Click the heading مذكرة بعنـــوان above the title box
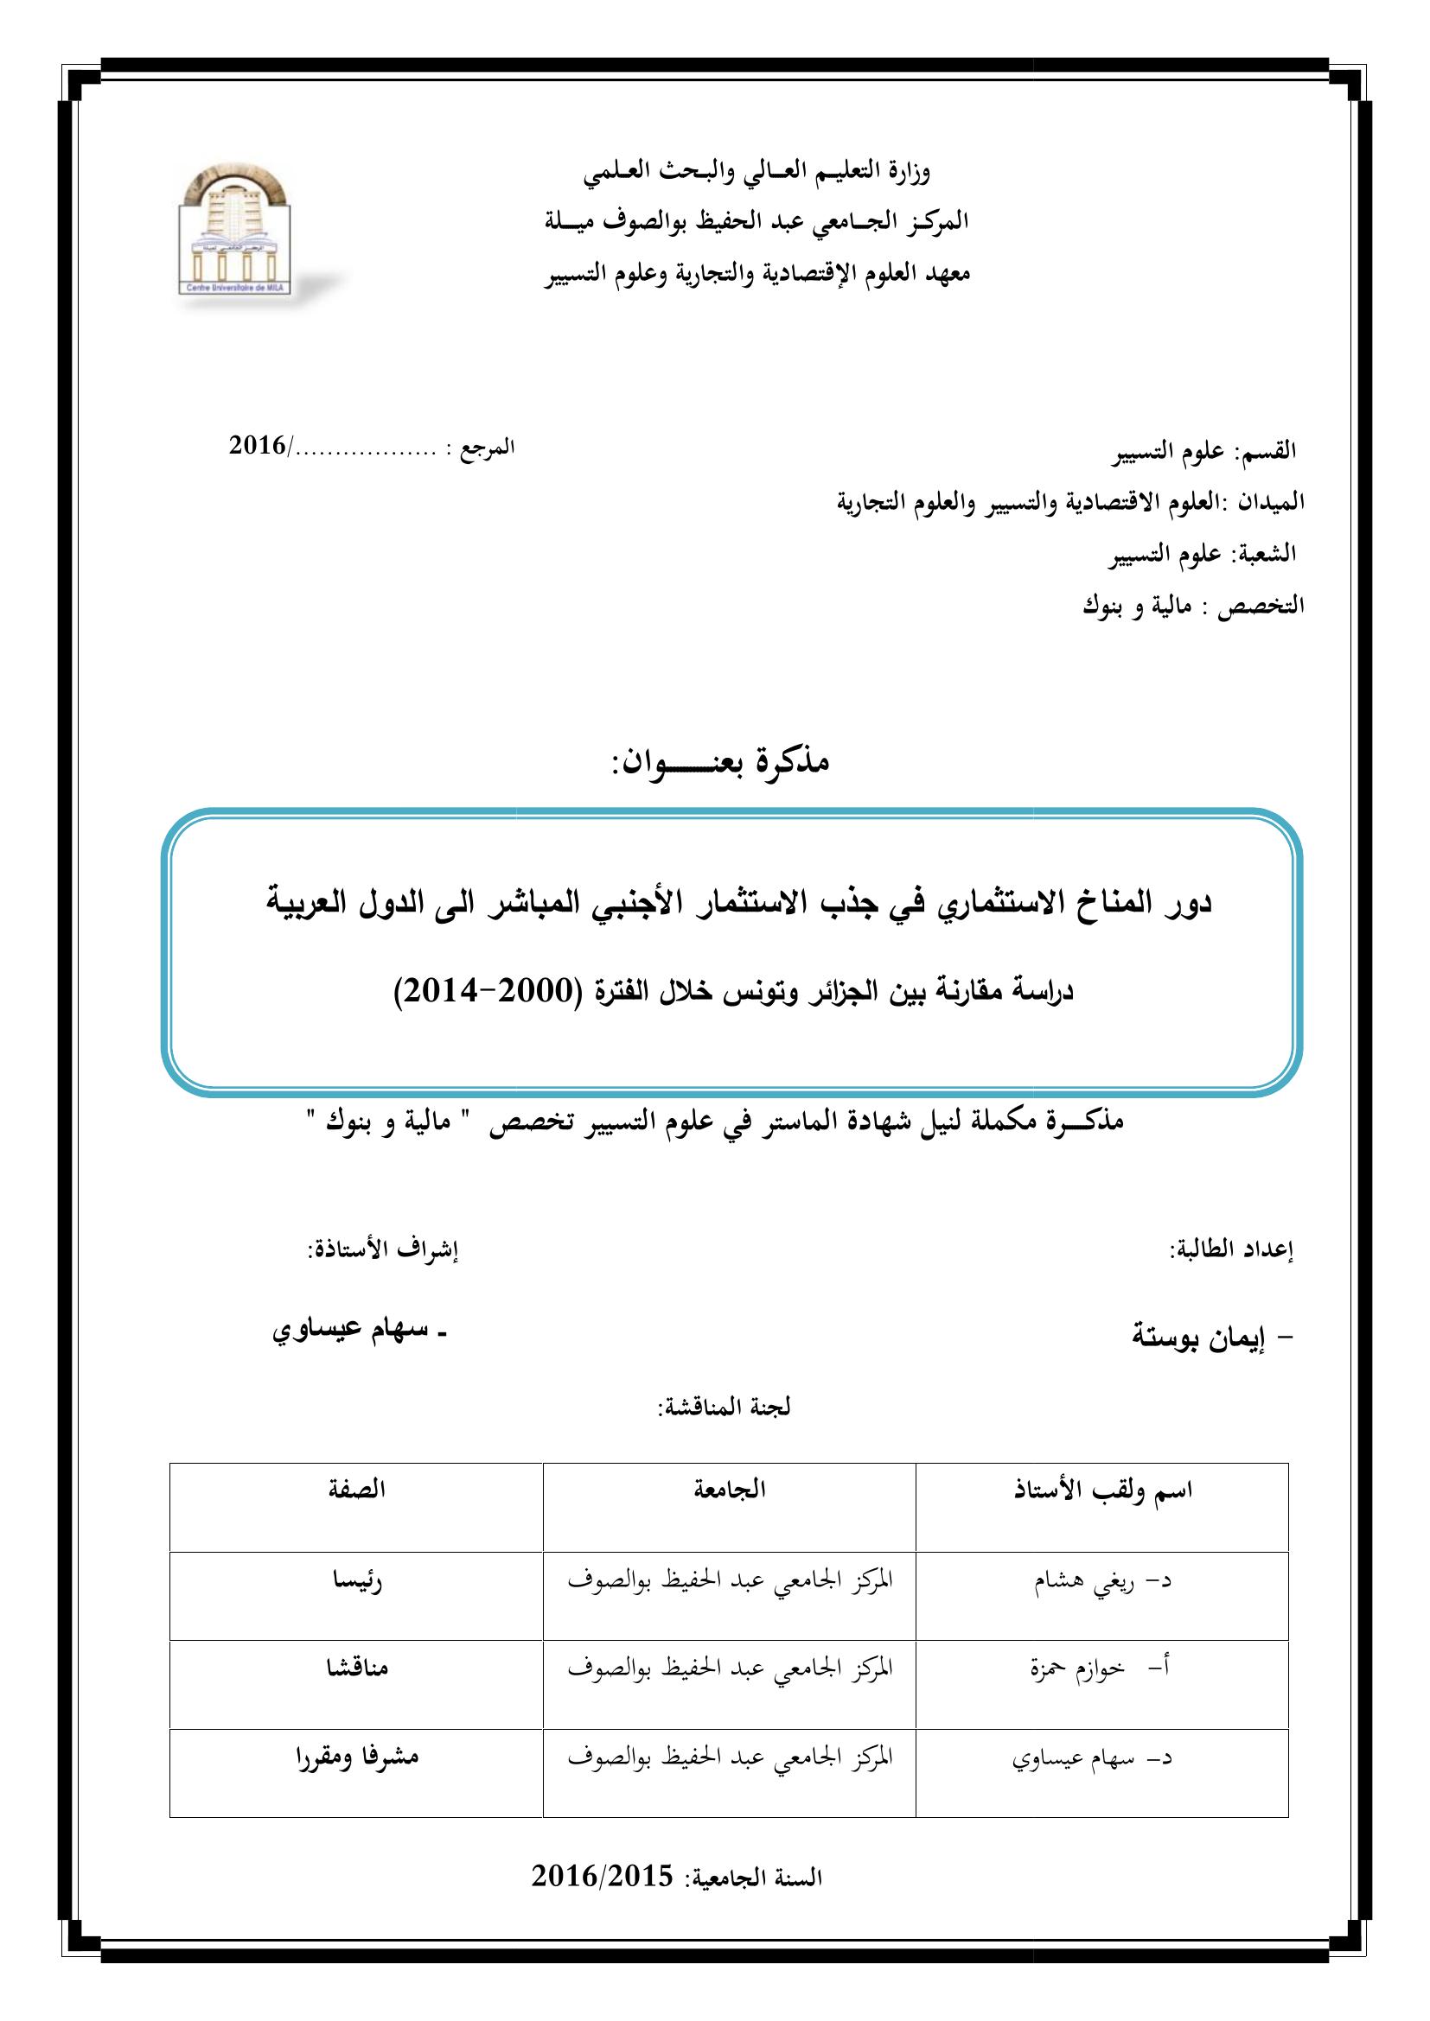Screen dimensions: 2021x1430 721,762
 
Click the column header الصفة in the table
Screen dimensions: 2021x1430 356,1490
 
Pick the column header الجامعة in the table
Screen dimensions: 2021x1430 730,1490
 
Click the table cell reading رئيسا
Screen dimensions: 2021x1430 356,1580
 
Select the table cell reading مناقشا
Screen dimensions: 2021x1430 356,1668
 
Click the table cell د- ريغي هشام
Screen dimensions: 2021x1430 1101,1582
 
